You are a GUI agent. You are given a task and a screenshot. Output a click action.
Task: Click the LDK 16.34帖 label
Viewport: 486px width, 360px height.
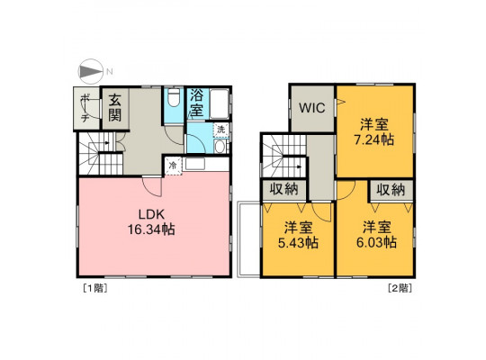(151, 222)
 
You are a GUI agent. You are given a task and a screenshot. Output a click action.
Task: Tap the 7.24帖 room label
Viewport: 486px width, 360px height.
(374, 132)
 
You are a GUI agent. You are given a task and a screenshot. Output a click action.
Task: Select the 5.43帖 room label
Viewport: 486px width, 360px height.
(298, 235)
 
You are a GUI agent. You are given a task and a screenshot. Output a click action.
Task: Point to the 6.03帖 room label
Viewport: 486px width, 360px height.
(376, 235)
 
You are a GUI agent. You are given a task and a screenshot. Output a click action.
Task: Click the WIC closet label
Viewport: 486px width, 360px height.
(312, 108)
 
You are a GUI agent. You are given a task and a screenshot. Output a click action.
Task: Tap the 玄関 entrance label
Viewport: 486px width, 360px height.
(114, 107)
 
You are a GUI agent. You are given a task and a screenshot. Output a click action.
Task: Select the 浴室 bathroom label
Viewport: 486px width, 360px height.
(196, 103)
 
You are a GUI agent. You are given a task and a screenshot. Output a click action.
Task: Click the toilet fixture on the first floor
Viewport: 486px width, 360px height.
(174, 97)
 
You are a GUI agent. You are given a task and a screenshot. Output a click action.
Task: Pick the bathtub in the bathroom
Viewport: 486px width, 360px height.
(219, 103)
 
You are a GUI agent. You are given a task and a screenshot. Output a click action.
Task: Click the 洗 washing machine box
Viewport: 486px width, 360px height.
(221, 130)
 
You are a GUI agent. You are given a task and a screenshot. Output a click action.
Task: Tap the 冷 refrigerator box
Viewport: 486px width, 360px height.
(173, 166)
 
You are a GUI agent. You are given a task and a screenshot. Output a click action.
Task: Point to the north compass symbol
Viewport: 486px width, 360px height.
(91, 72)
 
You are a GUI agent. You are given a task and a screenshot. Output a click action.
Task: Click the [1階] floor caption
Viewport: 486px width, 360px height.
(94, 288)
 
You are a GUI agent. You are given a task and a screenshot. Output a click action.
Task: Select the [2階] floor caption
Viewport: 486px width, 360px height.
(400, 288)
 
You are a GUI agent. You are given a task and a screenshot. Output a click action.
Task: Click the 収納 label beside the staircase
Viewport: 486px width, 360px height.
(283, 189)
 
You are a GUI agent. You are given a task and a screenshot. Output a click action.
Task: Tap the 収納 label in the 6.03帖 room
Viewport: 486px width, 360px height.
(391, 190)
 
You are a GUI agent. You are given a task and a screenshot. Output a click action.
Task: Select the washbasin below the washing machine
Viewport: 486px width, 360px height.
(220, 147)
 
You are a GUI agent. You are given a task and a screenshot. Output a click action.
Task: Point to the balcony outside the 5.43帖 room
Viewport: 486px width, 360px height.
(248, 239)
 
